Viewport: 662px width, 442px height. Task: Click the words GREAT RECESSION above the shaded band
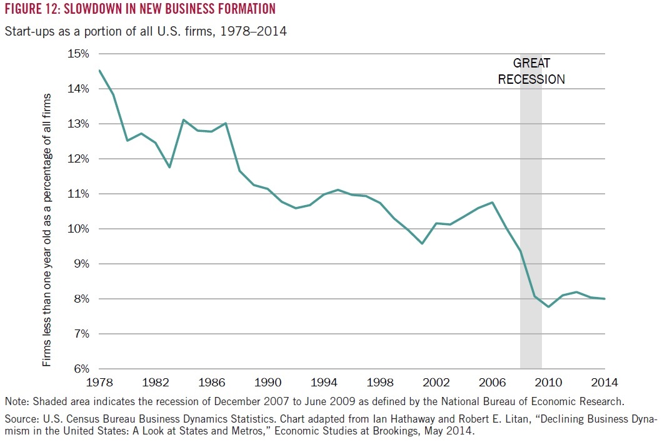click(531, 71)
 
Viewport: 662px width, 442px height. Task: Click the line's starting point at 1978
click(99, 71)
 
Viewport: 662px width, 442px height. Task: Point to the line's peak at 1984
click(183, 120)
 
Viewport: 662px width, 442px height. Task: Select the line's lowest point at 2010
click(548, 307)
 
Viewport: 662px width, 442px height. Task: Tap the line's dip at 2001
click(422, 243)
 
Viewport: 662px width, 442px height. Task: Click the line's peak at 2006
click(493, 202)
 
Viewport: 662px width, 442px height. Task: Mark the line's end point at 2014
click(604, 299)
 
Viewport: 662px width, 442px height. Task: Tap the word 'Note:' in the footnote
click(17, 401)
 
